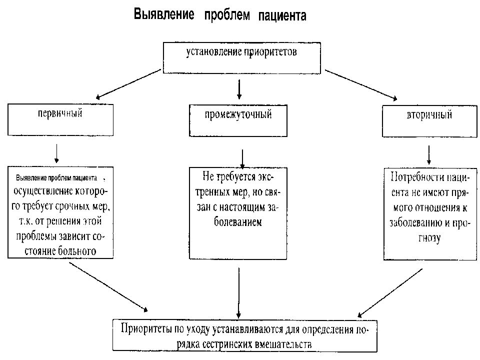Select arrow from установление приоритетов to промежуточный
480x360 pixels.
[x=239, y=88]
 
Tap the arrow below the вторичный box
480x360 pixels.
[x=429, y=154]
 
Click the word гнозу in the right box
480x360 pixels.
[x=429, y=239]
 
